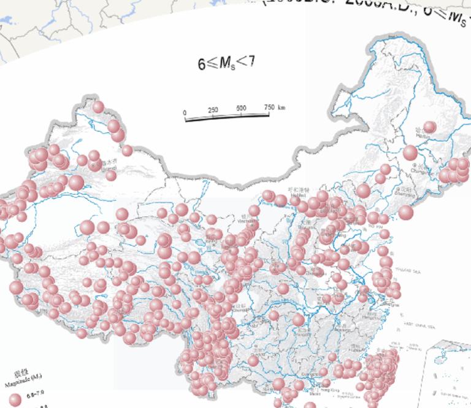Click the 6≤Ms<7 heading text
[x=225, y=62]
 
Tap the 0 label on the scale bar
[x=185, y=113]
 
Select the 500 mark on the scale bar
[x=241, y=108]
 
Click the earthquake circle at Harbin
[x=429, y=127]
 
